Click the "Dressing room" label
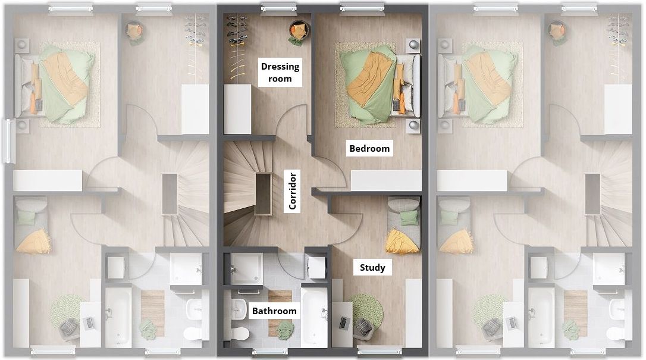click(280, 73)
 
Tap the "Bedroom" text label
click(369, 148)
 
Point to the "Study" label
click(372, 268)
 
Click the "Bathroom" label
click(274, 311)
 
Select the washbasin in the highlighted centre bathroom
click(238, 308)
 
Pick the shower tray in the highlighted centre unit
click(246, 268)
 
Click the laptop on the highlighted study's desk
click(344, 322)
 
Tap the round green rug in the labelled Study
click(366, 309)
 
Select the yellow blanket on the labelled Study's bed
click(402, 242)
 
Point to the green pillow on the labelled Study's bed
click(409, 218)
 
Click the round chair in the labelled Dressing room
click(299, 31)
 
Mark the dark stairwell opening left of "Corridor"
click(263, 193)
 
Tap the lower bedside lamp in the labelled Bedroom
click(413, 126)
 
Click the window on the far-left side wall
click(8, 141)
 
